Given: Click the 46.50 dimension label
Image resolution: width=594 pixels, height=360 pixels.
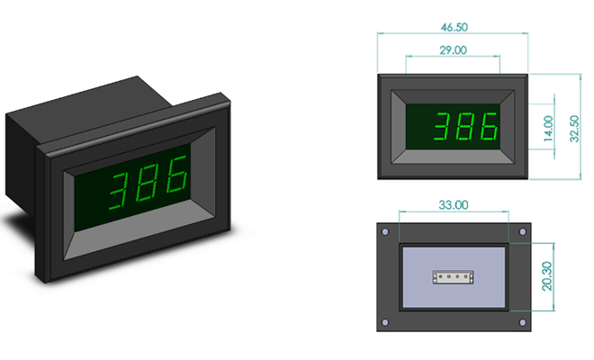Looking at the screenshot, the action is [x=454, y=27].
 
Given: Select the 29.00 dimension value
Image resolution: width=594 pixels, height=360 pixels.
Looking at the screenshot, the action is [x=453, y=50].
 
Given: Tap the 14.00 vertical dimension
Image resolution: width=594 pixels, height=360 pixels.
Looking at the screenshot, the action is [x=548, y=129].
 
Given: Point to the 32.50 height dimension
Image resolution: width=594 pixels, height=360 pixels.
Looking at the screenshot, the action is [x=574, y=129].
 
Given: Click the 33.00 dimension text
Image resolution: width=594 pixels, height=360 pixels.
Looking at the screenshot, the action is [x=453, y=205].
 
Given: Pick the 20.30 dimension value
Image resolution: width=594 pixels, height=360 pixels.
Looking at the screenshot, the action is [x=547, y=276].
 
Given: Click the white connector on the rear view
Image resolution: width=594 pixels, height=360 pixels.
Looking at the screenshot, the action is [x=453, y=277].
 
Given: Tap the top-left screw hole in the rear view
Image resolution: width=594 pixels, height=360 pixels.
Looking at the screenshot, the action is [x=385, y=232].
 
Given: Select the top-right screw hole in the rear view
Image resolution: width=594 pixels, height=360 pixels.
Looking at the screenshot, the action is [x=522, y=231].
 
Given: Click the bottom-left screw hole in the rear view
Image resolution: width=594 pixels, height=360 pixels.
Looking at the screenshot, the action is [x=385, y=322].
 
